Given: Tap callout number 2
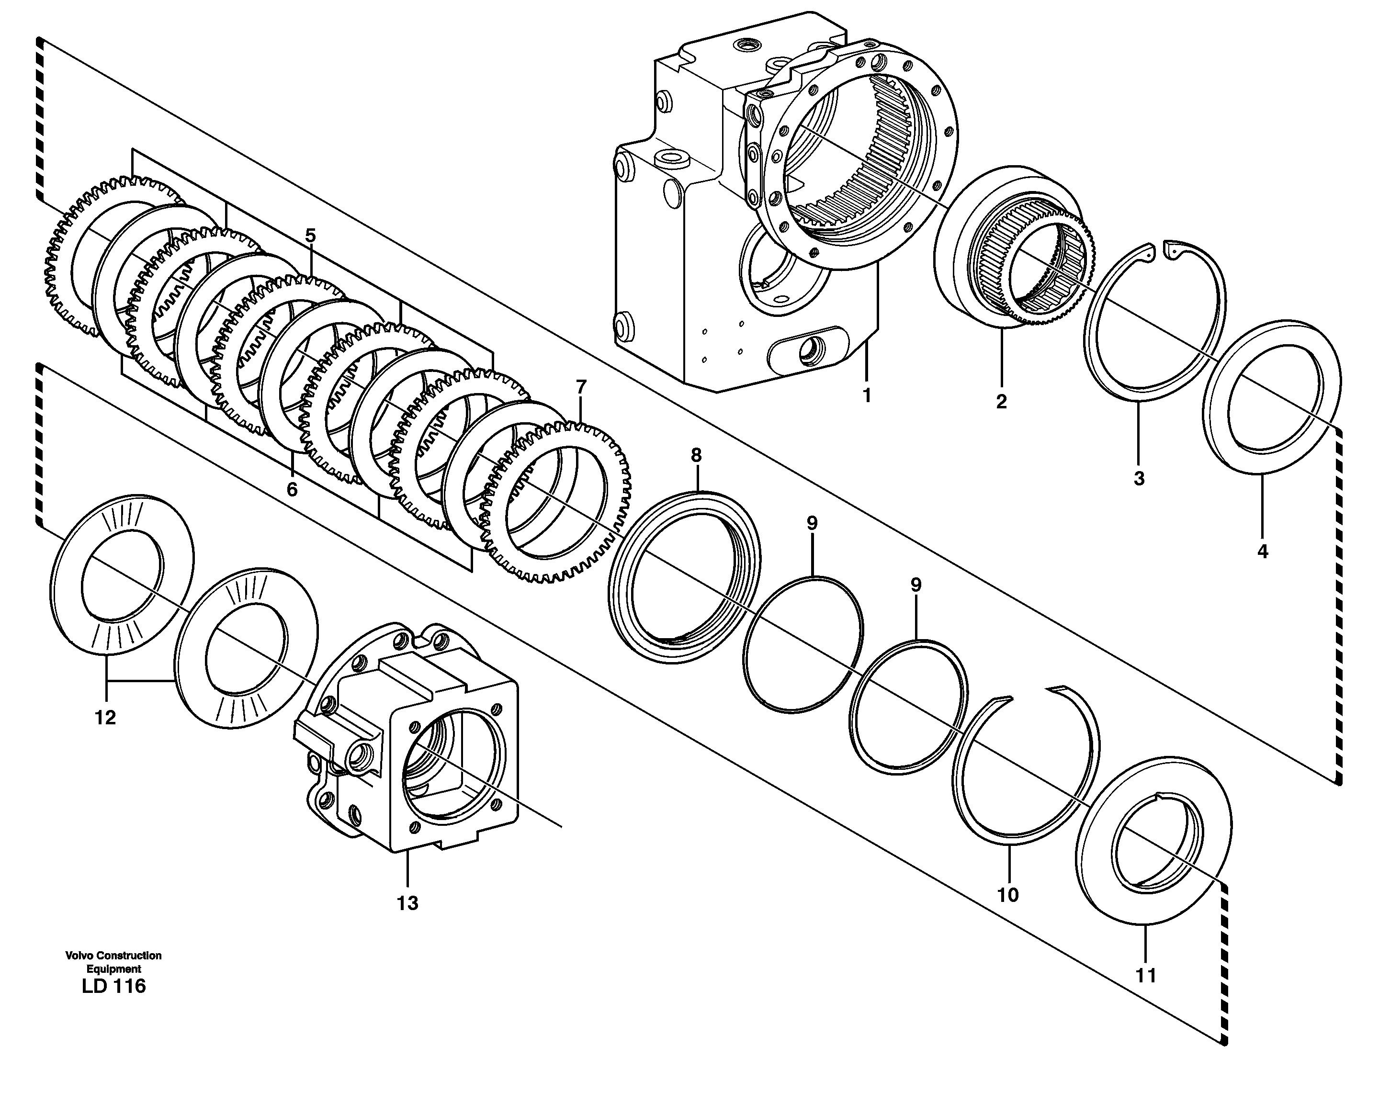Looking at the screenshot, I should pos(1001,402).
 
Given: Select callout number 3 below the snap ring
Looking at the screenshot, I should pos(1139,479).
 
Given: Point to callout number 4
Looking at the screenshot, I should pos(1262,551).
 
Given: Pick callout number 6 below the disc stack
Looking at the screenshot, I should pos(292,490).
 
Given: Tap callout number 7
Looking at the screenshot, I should pos(581,387).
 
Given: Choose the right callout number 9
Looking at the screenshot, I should pos(916,585).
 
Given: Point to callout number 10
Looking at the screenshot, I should pos(1007,895).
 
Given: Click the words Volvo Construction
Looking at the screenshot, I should pos(113,956).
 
